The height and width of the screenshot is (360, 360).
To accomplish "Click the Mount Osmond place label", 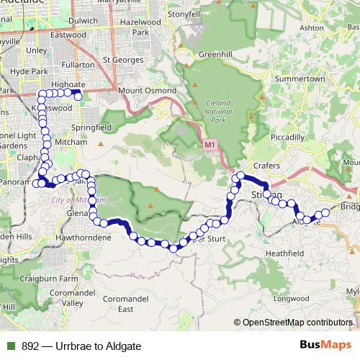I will point(147,91).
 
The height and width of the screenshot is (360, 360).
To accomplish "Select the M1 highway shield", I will point(210,145).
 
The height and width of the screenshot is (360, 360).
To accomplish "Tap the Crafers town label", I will point(266,166).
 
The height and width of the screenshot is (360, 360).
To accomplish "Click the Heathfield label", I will point(284,253).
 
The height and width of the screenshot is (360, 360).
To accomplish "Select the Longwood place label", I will point(292,297).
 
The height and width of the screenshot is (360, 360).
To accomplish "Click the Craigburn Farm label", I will point(50,277).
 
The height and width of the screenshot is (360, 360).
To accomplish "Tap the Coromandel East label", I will point(126,303).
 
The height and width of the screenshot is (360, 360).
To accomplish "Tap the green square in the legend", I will point(11,346).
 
